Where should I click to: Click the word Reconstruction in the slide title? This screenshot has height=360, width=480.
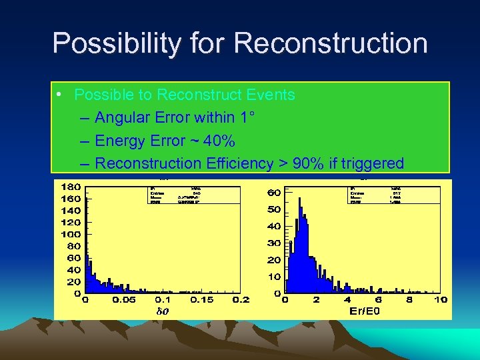tap(331, 44)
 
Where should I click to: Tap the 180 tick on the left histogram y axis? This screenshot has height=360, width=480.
tap(71, 186)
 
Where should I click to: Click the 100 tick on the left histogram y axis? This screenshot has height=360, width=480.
tap(71, 234)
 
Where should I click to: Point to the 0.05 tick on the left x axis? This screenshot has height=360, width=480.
tap(123, 300)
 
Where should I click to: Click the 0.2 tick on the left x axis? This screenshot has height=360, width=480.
tap(241, 300)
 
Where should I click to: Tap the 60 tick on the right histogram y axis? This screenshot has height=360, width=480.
tap(273, 193)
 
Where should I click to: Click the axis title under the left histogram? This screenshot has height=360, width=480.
tap(162, 311)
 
